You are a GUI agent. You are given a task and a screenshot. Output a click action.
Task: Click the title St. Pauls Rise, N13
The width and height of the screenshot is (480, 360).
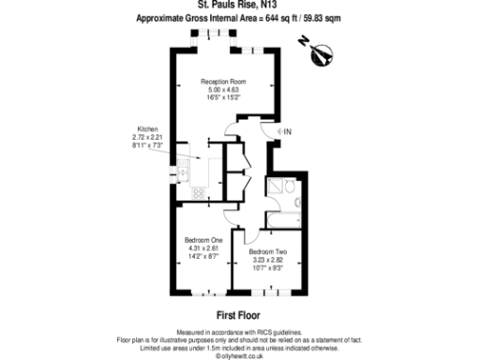tap(239, 7)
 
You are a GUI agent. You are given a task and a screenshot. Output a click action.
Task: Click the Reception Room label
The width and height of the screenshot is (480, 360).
tap(222, 82)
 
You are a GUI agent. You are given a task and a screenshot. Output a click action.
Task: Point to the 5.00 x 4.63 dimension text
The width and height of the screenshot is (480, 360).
tap(222, 90)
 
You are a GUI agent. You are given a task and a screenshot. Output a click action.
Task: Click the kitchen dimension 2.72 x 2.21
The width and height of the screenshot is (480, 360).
tap(147, 138)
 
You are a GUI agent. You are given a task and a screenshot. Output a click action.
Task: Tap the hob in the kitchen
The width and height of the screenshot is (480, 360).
tap(199, 193)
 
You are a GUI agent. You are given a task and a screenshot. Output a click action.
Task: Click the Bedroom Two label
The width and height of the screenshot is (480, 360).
tap(267, 252)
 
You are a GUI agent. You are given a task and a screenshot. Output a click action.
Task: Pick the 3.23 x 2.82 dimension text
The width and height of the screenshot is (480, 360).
tap(267, 261)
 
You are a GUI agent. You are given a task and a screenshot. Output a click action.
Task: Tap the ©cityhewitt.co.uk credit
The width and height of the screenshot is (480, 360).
tap(240, 355)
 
